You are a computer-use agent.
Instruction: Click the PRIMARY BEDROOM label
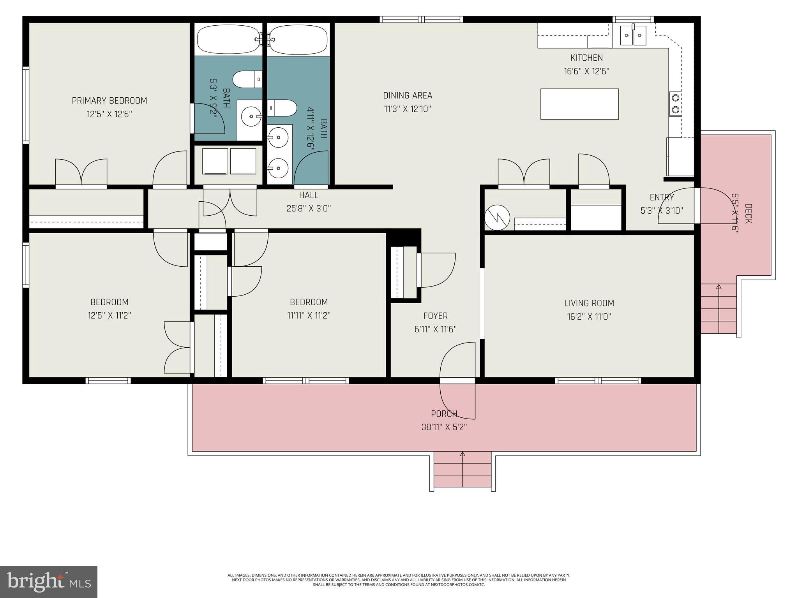click(109, 101)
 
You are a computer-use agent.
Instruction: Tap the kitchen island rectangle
click(579, 104)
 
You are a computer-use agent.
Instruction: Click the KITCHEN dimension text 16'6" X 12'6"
click(586, 72)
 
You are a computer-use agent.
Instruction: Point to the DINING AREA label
click(408, 96)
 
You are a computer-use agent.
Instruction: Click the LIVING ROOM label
click(589, 303)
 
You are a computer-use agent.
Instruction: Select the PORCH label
click(444, 414)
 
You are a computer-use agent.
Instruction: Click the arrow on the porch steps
click(463, 454)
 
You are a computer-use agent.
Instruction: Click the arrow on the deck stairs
click(719, 287)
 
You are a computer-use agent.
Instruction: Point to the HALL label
click(309, 195)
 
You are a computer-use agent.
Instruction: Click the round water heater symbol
click(497, 218)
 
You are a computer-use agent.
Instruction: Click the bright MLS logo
click(48, 582)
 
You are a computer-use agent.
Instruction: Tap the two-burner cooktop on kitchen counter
click(675, 104)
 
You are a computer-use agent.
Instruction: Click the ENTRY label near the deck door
click(662, 197)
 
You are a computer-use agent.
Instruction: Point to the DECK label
click(748, 214)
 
